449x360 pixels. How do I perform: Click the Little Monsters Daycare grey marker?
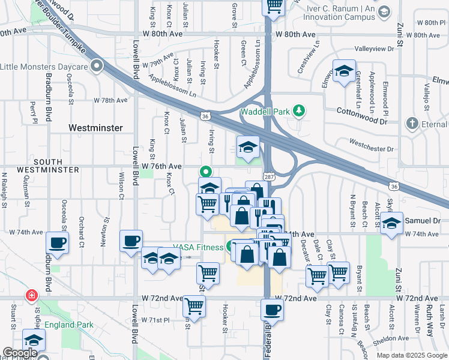[x=97, y=66]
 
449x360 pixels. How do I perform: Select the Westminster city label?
[x=95, y=128]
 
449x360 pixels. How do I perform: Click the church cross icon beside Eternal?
[x=412, y=124]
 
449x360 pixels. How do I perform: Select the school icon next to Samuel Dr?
[x=391, y=224]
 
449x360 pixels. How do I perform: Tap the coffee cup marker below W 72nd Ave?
[x=273, y=310]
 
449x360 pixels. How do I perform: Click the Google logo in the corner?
[x=20, y=353]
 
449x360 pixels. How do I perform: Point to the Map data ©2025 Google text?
[x=411, y=355]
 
